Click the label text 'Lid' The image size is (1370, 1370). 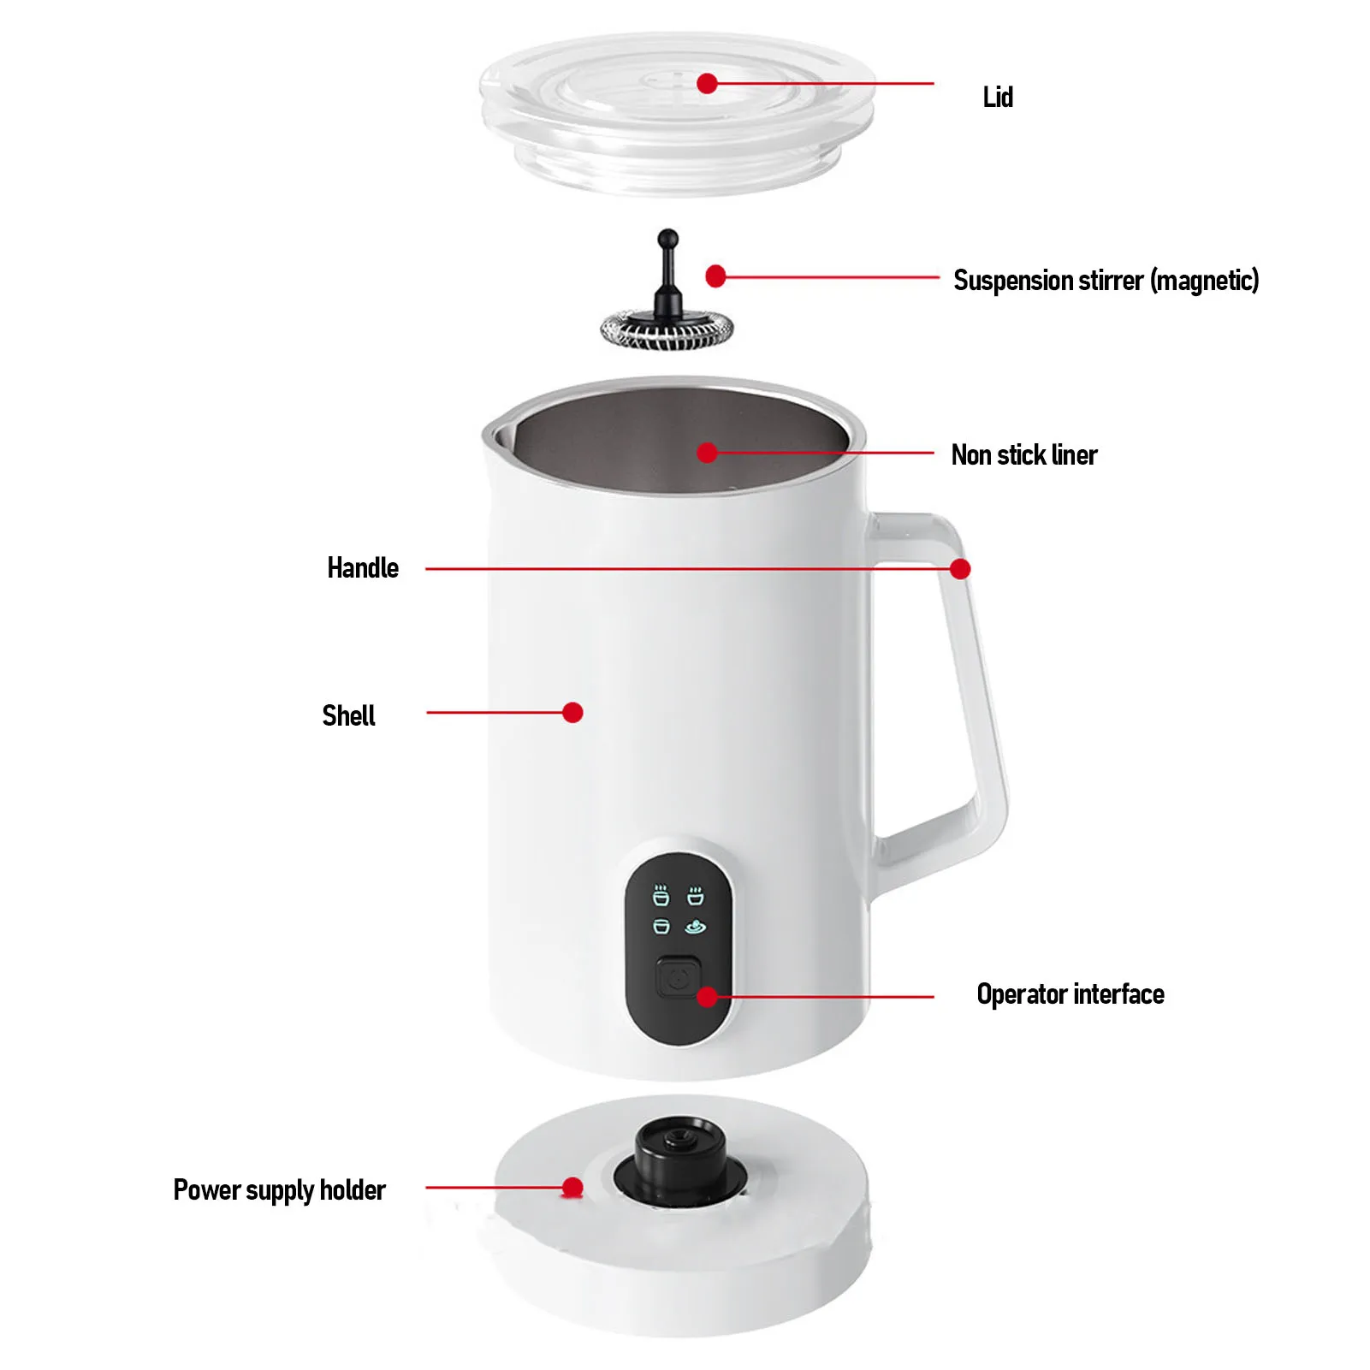pyautogui.click(x=997, y=97)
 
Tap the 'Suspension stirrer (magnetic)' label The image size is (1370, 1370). pyautogui.click(x=1106, y=280)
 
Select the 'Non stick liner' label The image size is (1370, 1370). pyautogui.click(x=1023, y=454)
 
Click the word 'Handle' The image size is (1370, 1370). pyautogui.click(x=363, y=567)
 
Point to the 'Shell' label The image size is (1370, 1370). pyautogui.click(x=348, y=715)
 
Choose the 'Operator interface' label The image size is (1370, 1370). pyautogui.click(x=1070, y=993)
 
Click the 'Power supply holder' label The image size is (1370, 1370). pyautogui.click(x=279, y=1189)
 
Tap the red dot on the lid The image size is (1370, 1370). pyautogui.click(x=707, y=83)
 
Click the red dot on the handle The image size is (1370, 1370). pyautogui.click(x=960, y=569)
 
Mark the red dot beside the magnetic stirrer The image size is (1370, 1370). pyautogui.click(x=716, y=276)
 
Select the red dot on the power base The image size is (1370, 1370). pyautogui.click(x=572, y=1187)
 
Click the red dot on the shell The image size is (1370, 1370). pyautogui.click(x=573, y=712)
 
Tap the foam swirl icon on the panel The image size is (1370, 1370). pyautogui.click(x=696, y=927)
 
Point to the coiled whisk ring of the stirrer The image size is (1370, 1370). pyautogui.click(x=667, y=329)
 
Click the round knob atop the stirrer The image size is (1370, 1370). pyautogui.click(x=667, y=238)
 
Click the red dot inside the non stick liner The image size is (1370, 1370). pyautogui.click(x=707, y=452)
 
